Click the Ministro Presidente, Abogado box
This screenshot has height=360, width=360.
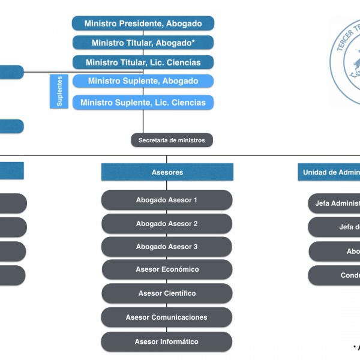[143, 23]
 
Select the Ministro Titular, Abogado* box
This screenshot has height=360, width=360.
[143, 43]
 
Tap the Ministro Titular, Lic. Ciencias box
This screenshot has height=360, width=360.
[143, 62]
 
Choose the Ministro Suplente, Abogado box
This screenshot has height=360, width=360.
[143, 81]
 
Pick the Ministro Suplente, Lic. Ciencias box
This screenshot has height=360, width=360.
[143, 102]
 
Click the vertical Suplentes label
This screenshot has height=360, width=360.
[59, 92]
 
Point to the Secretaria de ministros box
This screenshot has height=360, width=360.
[172, 140]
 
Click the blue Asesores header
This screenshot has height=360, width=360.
[167, 172]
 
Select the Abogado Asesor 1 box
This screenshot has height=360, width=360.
[167, 200]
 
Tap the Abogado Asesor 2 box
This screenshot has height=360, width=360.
[167, 223]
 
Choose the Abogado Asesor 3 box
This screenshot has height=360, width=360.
[167, 247]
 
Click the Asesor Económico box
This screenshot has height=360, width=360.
[167, 269]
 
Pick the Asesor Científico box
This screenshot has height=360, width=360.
[167, 293]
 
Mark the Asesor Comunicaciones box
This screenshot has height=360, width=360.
[167, 317]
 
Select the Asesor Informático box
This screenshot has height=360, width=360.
[167, 341]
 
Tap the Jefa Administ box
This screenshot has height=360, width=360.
[335, 203]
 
